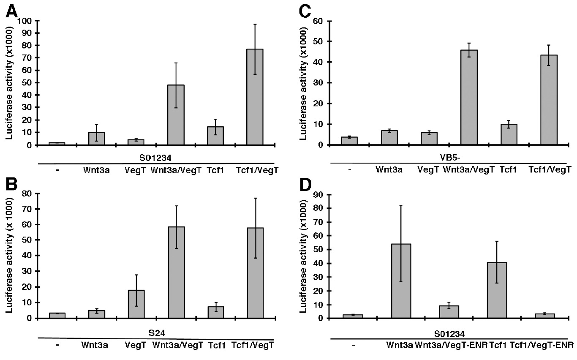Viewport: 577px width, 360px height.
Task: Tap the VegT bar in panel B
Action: click(136, 304)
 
